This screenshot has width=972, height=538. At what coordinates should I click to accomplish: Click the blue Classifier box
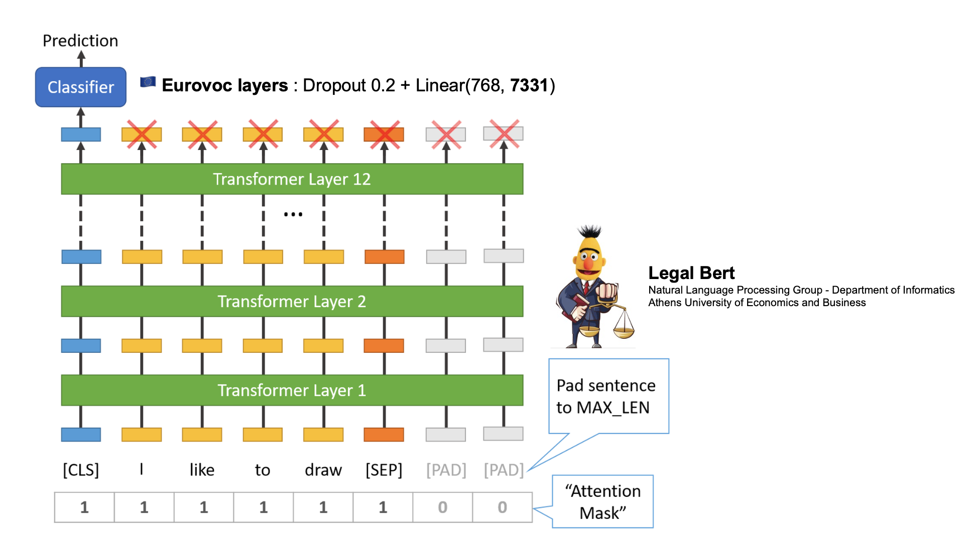[80, 87]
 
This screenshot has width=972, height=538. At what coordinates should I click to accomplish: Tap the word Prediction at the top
[80, 41]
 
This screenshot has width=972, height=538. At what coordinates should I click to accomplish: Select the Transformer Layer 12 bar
[292, 179]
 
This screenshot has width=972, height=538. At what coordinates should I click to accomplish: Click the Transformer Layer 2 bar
[292, 301]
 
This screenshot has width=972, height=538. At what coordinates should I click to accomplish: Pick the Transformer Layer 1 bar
[292, 390]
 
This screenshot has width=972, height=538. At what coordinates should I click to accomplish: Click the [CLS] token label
[81, 470]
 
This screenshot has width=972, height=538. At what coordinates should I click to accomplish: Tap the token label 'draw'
[323, 470]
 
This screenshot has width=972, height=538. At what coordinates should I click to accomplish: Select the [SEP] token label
[384, 470]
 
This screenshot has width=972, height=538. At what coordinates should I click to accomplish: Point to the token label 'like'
[202, 470]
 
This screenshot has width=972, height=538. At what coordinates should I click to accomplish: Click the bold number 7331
[529, 85]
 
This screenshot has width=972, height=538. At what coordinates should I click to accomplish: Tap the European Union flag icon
[148, 82]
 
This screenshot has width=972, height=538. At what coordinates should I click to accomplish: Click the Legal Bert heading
[691, 273]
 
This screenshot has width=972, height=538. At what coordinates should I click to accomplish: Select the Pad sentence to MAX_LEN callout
[609, 396]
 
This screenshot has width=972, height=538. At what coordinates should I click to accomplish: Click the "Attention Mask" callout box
[602, 501]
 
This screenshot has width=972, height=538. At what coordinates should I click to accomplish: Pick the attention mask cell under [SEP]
[383, 507]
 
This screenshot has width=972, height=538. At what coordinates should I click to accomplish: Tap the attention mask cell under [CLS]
[84, 507]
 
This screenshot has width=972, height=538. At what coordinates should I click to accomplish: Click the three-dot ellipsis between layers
[293, 214]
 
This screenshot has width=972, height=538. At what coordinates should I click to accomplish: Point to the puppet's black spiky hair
[589, 231]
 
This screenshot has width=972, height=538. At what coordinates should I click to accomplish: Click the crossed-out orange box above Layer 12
[384, 134]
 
